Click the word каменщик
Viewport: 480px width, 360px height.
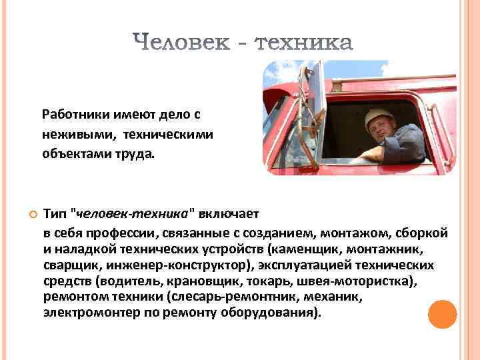pyautogui.click(x=302, y=249)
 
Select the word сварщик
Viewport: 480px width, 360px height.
pyautogui.click(x=69, y=265)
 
